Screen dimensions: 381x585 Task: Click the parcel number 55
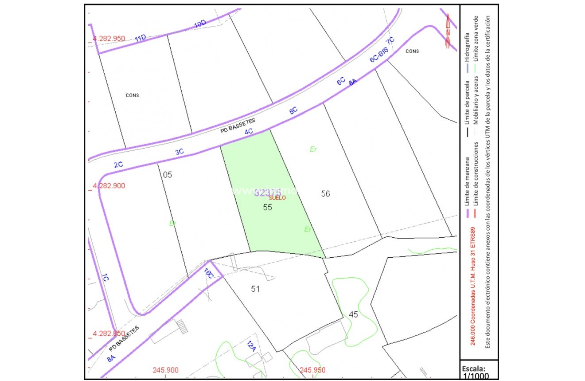click(x=267, y=207)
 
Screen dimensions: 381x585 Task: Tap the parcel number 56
click(x=325, y=194)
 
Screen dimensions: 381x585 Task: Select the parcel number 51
click(x=255, y=289)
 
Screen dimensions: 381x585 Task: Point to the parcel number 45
click(x=353, y=314)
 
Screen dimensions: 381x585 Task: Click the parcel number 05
click(x=167, y=175)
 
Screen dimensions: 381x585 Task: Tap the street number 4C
click(x=249, y=131)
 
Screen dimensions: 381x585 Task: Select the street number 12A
click(x=252, y=346)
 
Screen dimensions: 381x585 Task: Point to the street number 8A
click(x=111, y=357)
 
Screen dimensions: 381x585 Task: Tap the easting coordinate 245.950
click(x=312, y=370)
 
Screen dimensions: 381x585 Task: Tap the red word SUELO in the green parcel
click(x=277, y=198)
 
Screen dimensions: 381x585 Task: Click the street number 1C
click(x=105, y=279)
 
